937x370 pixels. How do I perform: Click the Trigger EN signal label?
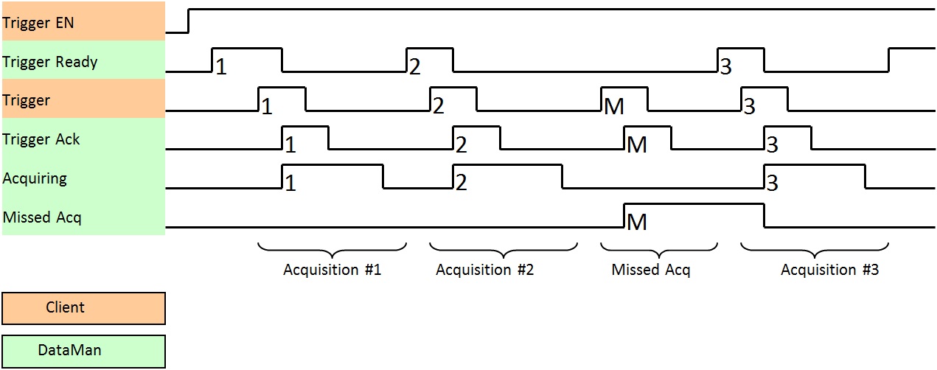[38, 23]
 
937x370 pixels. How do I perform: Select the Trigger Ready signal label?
[50, 62]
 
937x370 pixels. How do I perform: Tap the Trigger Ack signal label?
[41, 139]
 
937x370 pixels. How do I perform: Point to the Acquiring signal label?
[35, 178]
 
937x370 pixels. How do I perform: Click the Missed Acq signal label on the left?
[42, 217]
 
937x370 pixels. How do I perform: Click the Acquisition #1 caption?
[332, 270]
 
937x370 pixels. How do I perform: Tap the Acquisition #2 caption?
[484, 270]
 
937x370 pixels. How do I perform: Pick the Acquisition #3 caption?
[829, 270]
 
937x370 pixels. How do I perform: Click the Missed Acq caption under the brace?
[651, 270]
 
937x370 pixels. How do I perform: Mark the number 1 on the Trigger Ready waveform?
[220, 68]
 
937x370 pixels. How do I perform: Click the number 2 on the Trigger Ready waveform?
[414, 68]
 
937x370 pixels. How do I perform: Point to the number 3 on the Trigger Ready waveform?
[725, 68]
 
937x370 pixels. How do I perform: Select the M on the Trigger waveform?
[613, 107]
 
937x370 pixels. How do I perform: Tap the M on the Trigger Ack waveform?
[636, 145]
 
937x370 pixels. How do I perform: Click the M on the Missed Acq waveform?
[636, 222]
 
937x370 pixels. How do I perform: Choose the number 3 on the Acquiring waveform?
[772, 184]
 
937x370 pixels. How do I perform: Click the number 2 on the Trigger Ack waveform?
[461, 145]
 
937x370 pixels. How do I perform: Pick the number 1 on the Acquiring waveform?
[290, 184]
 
